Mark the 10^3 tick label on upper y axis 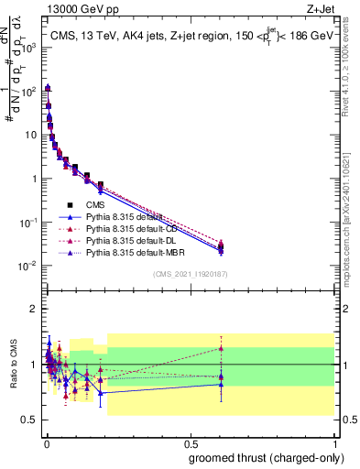(27, 47)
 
